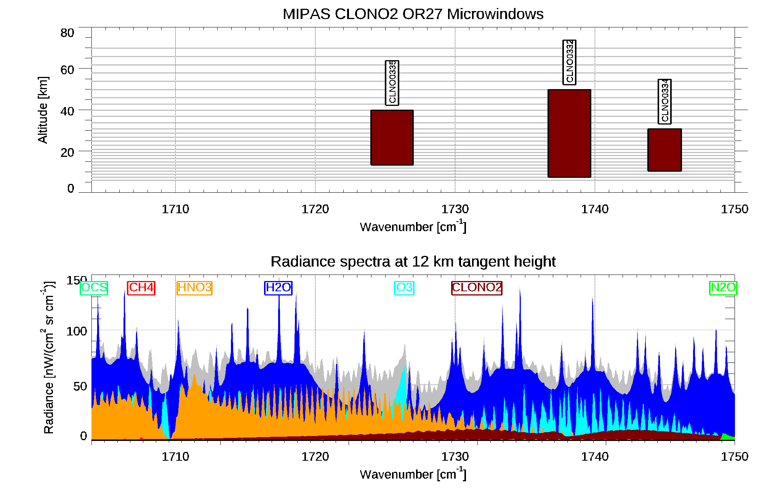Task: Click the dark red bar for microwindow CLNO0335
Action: click(x=392, y=137)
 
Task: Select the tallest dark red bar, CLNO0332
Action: click(x=569, y=133)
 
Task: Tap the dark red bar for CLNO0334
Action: click(x=664, y=150)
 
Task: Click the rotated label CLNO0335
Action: click(x=392, y=82)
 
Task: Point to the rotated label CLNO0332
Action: click(x=569, y=62)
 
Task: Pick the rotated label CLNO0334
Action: click(x=664, y=101)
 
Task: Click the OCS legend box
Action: click(x=94, y=287)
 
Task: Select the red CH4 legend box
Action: click(x=141, y=287)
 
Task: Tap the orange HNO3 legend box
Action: click(x=195, y=287)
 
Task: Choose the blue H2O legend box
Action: click(x=279, y=287)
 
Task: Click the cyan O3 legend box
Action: click(x=404, y=287)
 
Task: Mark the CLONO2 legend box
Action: click(x=477, y=287)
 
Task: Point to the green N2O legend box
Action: click(x=723, y=287)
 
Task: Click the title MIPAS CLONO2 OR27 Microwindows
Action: click(x=413, y=14)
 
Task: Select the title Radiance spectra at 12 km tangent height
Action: click(x=413, y=262)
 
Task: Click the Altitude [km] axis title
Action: click(x=43, y=110)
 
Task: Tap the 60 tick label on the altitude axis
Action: click(x=67, y=70)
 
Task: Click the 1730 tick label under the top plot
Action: click(x=455, y=209)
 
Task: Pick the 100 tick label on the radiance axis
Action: click(x=77, y=331)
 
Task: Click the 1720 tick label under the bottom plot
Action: click(x=315, y=457)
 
